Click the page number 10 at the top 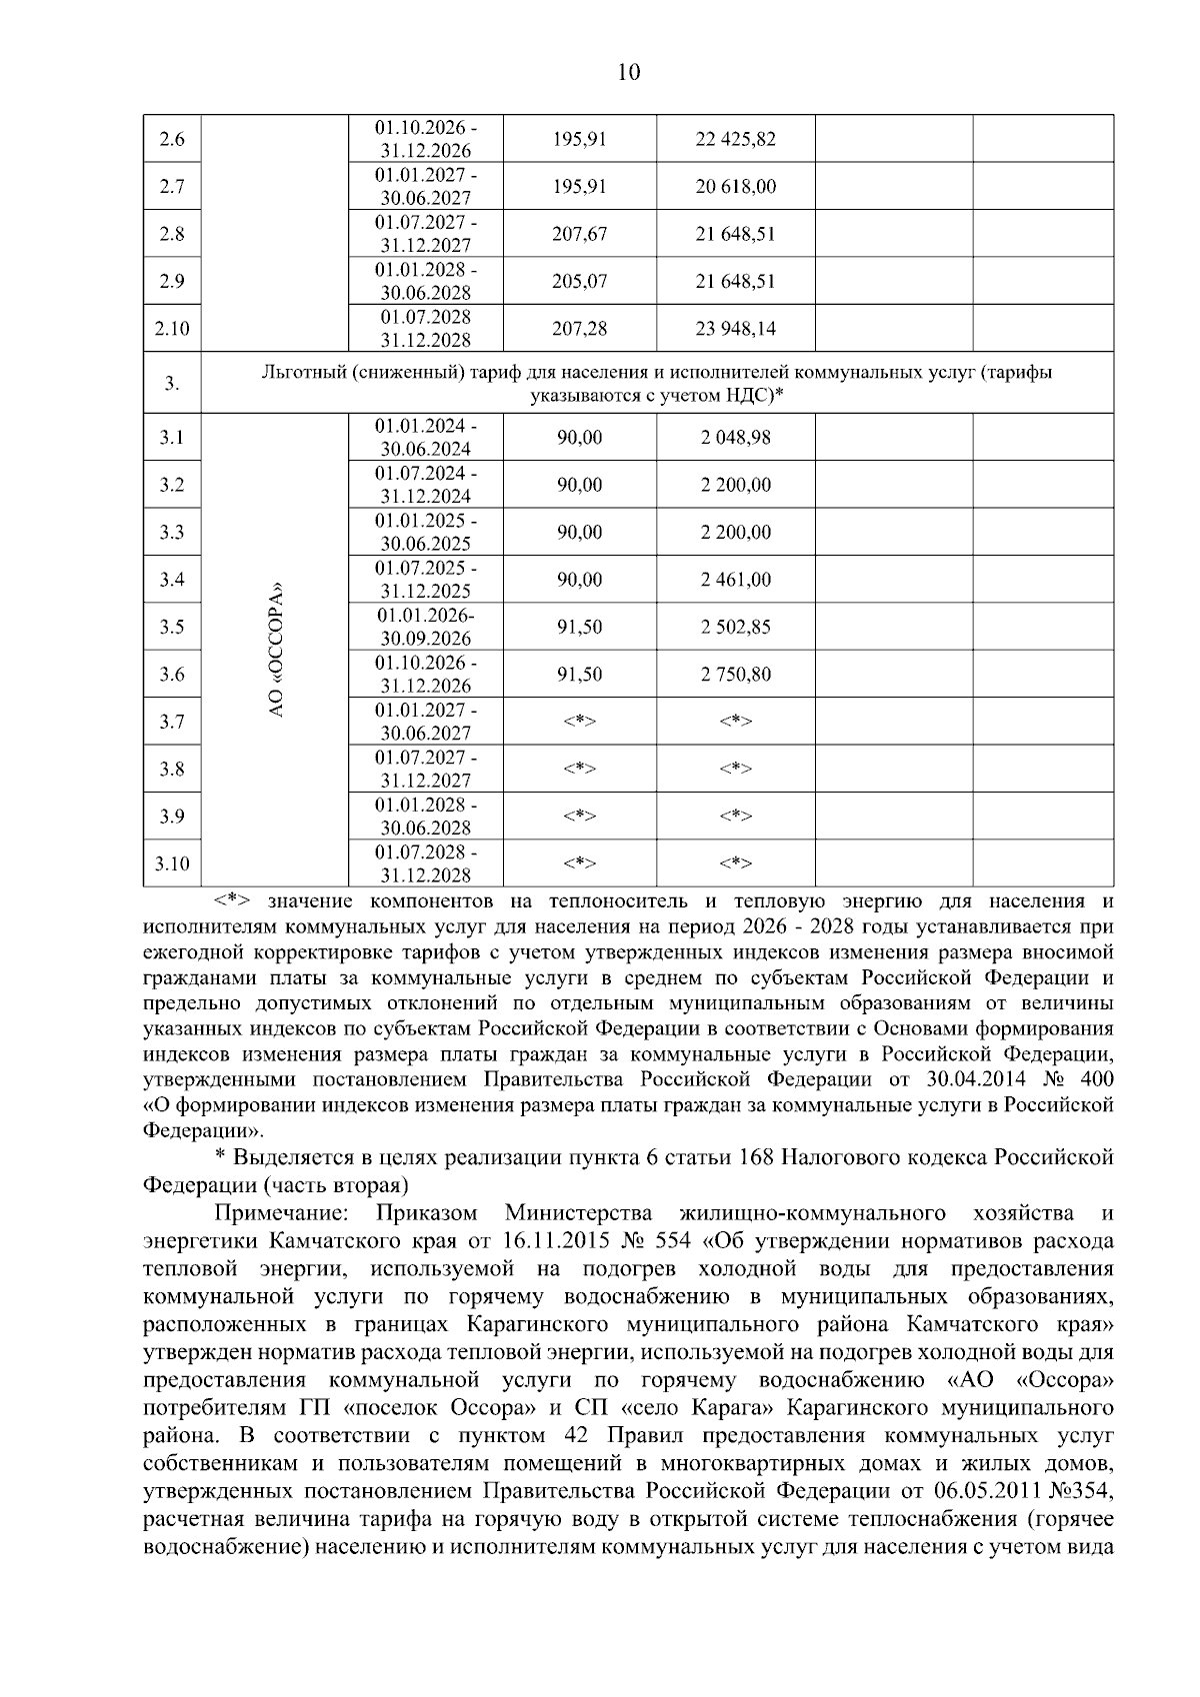629,72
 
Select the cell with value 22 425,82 735,140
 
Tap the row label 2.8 172,235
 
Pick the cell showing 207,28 579,329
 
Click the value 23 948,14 735,329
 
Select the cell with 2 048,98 735,438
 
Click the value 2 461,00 735,580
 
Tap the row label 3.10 172,863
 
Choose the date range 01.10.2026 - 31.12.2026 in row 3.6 425,675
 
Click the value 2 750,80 735,675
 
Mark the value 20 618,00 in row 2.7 735,187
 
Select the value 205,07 579,282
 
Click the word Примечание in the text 281,1213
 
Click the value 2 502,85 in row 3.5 735,627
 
